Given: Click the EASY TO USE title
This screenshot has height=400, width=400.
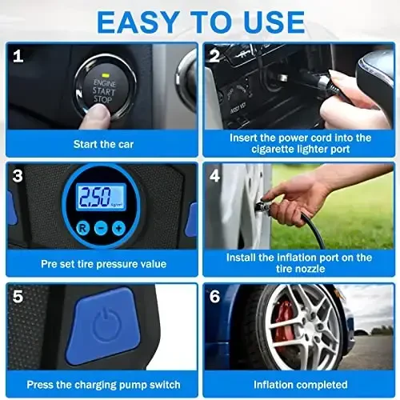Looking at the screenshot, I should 200,20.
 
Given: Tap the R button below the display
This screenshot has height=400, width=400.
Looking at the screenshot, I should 82,228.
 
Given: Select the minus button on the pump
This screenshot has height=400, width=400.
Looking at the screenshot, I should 100,228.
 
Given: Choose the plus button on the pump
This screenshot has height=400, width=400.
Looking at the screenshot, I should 118,228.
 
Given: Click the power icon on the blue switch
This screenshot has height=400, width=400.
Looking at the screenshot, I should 105,326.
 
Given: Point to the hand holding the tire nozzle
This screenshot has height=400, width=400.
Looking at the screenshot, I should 300,196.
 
